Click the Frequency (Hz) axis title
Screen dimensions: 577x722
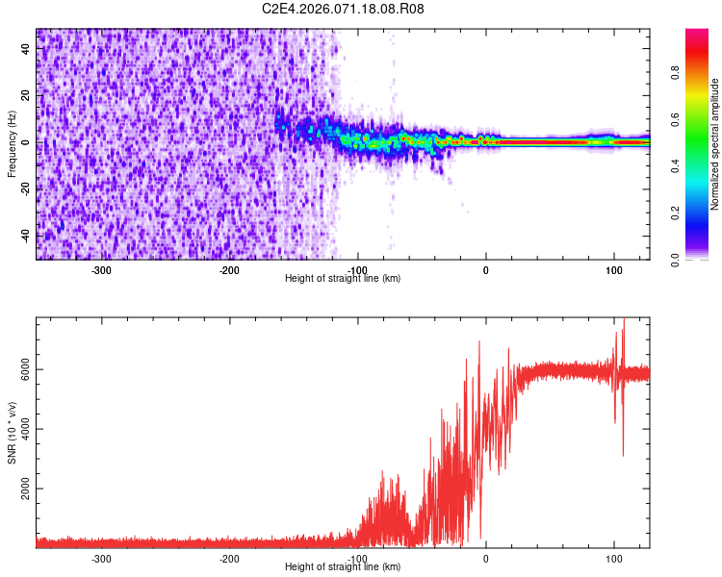[12, 143]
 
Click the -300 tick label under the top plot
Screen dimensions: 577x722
[102, 269]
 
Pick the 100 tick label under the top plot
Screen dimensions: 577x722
[613, 269]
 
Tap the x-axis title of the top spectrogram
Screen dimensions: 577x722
[343, 278]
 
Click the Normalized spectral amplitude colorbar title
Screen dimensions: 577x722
[715, 144]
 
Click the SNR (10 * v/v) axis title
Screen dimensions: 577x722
[12, 433]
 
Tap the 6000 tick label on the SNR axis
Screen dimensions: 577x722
[21, 370]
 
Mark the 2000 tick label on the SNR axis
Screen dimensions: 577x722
[21, 489]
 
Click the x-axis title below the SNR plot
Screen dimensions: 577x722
[343, 566]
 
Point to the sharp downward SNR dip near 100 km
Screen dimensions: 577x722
[623, 452]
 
